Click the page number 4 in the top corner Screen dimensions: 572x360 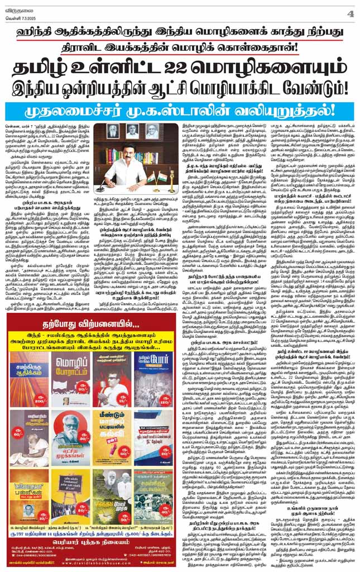(x=351, y=13)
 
